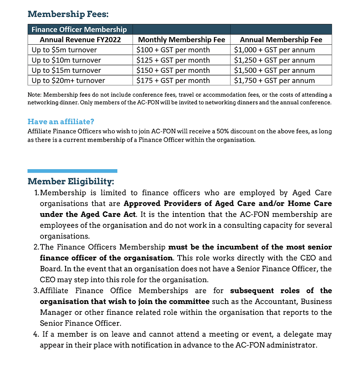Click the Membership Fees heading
point(68,14)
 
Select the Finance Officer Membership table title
point(79,29)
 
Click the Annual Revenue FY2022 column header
point(80,40)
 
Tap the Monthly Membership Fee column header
point(181,40)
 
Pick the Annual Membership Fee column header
point(281,40)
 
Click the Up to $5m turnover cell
point(64,50)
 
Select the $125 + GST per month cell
point(173,60)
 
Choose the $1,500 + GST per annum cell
point(274,71)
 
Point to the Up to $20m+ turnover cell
point(68,81)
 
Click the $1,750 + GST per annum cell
point(274,81)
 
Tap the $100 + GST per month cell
point(173,50)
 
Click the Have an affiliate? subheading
point(61,122)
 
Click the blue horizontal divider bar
point(72,171)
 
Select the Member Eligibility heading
point(71,181)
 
